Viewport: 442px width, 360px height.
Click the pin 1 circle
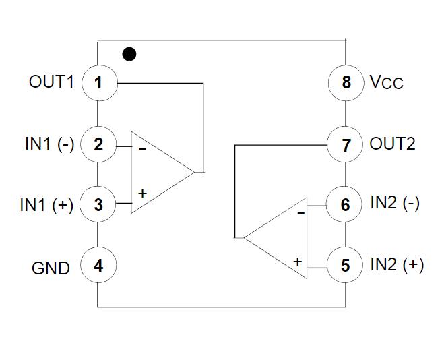pos(98,83)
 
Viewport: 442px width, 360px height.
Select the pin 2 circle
pos(98,144)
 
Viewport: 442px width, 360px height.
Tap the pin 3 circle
pos(98,204)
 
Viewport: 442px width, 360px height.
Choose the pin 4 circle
pos(98,265)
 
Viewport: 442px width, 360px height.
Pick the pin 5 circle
pos(345,265)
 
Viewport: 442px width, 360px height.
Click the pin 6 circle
pos(345,204)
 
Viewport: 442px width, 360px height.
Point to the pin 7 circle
pos(345,144)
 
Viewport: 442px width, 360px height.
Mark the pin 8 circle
pos(346,83)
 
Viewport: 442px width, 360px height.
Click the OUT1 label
pos(51,82)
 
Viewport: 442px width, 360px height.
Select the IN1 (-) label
pos(49,144)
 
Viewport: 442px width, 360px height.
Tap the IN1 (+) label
pos(46,205)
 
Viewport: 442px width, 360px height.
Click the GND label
pos(51,268)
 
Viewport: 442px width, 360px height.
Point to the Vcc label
pos(387,83)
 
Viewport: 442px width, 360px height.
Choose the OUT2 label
pos(393,144)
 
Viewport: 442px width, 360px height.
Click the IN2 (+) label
pos(397,264)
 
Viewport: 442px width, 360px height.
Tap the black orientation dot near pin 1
pos(129,53)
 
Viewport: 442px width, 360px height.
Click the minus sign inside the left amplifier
pos(142,148)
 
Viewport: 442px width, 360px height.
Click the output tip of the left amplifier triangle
pos(195,172)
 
